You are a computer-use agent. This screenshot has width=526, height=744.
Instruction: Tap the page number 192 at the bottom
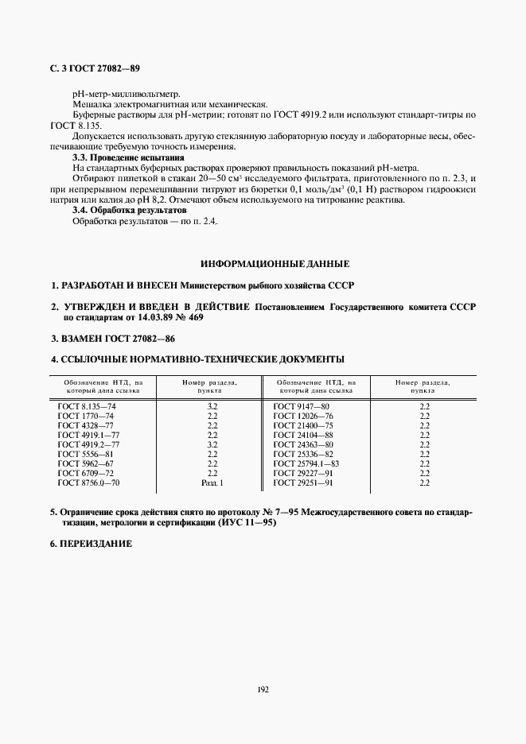(x=263, y=689)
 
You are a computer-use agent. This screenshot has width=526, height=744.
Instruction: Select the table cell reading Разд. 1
(x=212, y=482)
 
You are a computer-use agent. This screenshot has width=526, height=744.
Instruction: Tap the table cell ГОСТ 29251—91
(x=302, y=482)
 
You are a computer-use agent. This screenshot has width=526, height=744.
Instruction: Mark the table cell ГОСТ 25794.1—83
(x=306, y=463)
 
